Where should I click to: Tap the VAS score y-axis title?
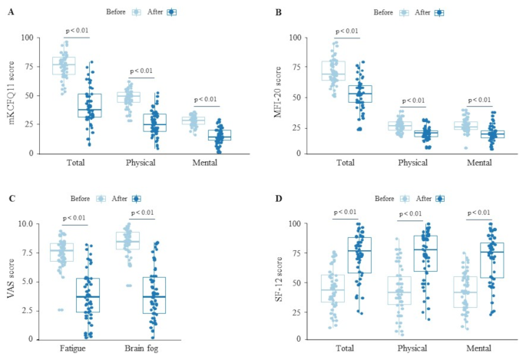(x=9, y=282)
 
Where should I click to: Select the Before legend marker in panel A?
(x=137, y=12)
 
